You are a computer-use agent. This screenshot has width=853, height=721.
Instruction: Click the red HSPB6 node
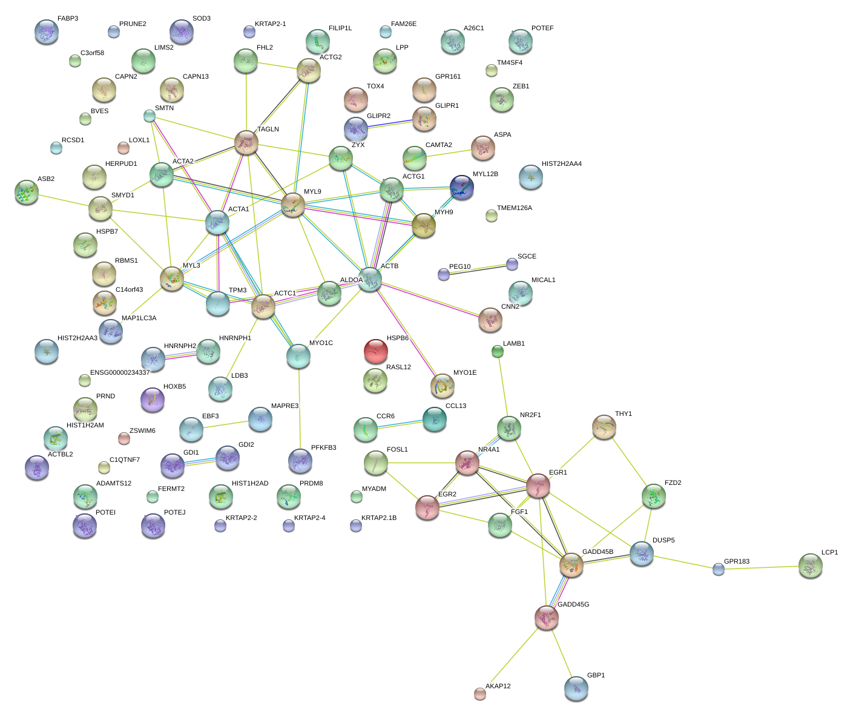pyautogui.click(x=375, y=351)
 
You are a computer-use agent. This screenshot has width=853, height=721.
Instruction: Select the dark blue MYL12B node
pyautogui.click(x=461, y=188)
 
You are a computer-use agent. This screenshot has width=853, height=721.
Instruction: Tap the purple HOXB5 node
pyautogui.click(x=153, y=400)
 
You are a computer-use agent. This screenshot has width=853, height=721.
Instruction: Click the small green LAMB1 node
pyautogui.click(x=498, y=352)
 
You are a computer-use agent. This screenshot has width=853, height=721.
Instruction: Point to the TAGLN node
pyautogui.click(x=246, y=143)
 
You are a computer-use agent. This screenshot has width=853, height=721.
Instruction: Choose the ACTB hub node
pyautogui.click(x=370, y=280)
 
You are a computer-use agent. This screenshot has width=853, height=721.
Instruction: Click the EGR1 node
pyautogui.click(x=538, y=486)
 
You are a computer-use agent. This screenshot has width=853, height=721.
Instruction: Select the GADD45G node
pyautogui.click(x=547, y=618)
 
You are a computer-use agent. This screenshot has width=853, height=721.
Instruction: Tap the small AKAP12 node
pyautogui.click(x=480, y=694)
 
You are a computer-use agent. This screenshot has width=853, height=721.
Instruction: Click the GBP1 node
pyautogui.click(x=576, y=688)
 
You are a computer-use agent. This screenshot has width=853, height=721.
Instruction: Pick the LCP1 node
pyautogui.click(x=811, y=566)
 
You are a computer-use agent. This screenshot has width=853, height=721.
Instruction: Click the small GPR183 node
pyautogui.click(x=719, y=570)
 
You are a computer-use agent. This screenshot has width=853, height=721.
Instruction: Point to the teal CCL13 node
pyautogui.click(x=435, y=420)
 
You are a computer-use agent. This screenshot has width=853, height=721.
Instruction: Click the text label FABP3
pyautogui.click(x=68, y=19)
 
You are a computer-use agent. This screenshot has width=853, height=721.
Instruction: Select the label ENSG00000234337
pyautogui.click(x=120, y=372)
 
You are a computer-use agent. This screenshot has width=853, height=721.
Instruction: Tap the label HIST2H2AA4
pyautogui.click(x=562, y=164)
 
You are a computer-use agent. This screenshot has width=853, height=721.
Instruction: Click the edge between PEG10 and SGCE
pyautogui.click(x=478, y=269)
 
